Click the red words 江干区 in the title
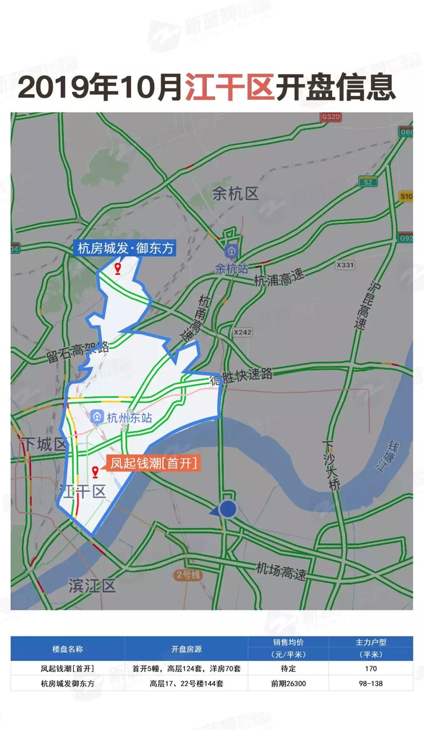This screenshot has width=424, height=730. pyautogui.click(x=230, y=87)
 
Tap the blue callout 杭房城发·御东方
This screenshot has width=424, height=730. pyautogui.click(x=125, y=248)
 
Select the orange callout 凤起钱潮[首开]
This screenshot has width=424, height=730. pyautogui.click(x=154, y=463)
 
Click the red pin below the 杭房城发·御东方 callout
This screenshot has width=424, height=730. pyautogui.click(x=117, y=269)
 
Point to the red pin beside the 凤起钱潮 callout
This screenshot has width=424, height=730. pyautogui.click(x=95, y=472)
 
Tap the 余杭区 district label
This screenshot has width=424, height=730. pyautogui.click(x=235, y=194)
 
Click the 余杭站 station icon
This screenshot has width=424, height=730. pyautogui.click(x=231, y=251)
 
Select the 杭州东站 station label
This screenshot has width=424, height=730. pyautogui.click(x=129, y=417)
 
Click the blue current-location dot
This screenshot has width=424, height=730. pyautogui.click(x=227, y=509)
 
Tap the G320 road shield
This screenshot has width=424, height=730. pyautogui.click(x=331, y=117)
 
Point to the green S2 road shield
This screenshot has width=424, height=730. pyautogui.click(x=367, y=182)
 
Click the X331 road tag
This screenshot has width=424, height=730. pyautogui.click(x=345, y=265)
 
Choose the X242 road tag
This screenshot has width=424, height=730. pyautogui.click(x=242, y=332)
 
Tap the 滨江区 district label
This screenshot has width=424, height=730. pyautogui.click(x=92, y=585)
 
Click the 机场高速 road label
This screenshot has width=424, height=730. pyautogui.click(x=281, y=571)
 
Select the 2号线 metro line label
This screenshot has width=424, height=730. pyautogui.click(x=188, y=575)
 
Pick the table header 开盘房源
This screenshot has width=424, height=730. pyautogui.click(x=186, y=649)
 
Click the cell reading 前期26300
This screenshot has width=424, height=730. pyautogui.click(x=288, y=684)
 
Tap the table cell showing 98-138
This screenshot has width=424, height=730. pyautogui.click(x=371, y=684)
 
